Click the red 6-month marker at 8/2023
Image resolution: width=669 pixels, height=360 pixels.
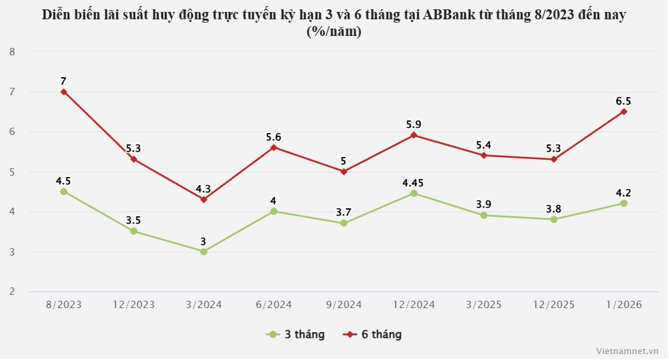64,92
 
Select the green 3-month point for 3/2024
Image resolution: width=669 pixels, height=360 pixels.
203,252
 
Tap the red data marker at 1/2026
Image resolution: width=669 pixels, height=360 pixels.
623,112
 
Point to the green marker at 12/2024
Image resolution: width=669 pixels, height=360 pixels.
414,194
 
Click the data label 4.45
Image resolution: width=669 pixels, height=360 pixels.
414,180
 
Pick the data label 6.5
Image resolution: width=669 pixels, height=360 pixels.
623,101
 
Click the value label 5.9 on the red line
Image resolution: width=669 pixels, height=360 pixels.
414,124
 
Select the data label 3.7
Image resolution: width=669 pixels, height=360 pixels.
343,212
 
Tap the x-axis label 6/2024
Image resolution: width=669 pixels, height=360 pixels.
273,305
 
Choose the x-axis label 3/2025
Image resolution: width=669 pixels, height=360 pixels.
483,305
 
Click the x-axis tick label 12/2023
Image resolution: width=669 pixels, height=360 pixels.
133,305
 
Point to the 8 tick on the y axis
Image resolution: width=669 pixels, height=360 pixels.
13,51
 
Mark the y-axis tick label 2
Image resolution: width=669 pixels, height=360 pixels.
13,291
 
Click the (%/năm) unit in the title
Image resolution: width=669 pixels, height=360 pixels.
334,31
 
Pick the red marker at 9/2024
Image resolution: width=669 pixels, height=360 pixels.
343,172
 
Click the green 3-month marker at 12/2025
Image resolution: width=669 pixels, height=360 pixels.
553,219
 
